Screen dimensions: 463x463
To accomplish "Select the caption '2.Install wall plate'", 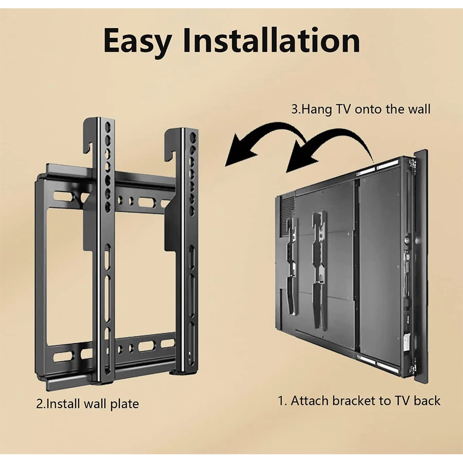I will [87, 403].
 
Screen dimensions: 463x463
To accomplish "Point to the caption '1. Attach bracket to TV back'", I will [359, 400].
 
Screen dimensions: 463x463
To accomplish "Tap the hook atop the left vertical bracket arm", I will [89, 135].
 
